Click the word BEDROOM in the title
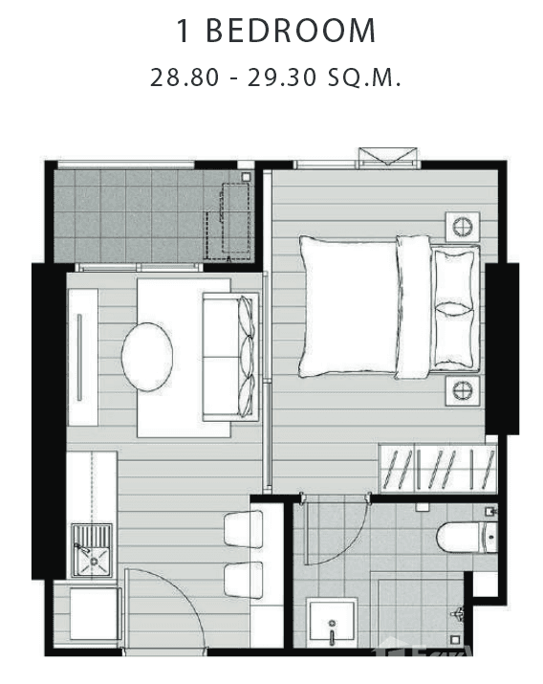(293, 31)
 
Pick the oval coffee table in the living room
(147, 354)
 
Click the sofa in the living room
(229, 357)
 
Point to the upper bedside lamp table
(462, 227)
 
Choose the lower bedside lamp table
(462, 389)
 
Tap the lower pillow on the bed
(454, 337)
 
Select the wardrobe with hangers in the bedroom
(438, 469)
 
